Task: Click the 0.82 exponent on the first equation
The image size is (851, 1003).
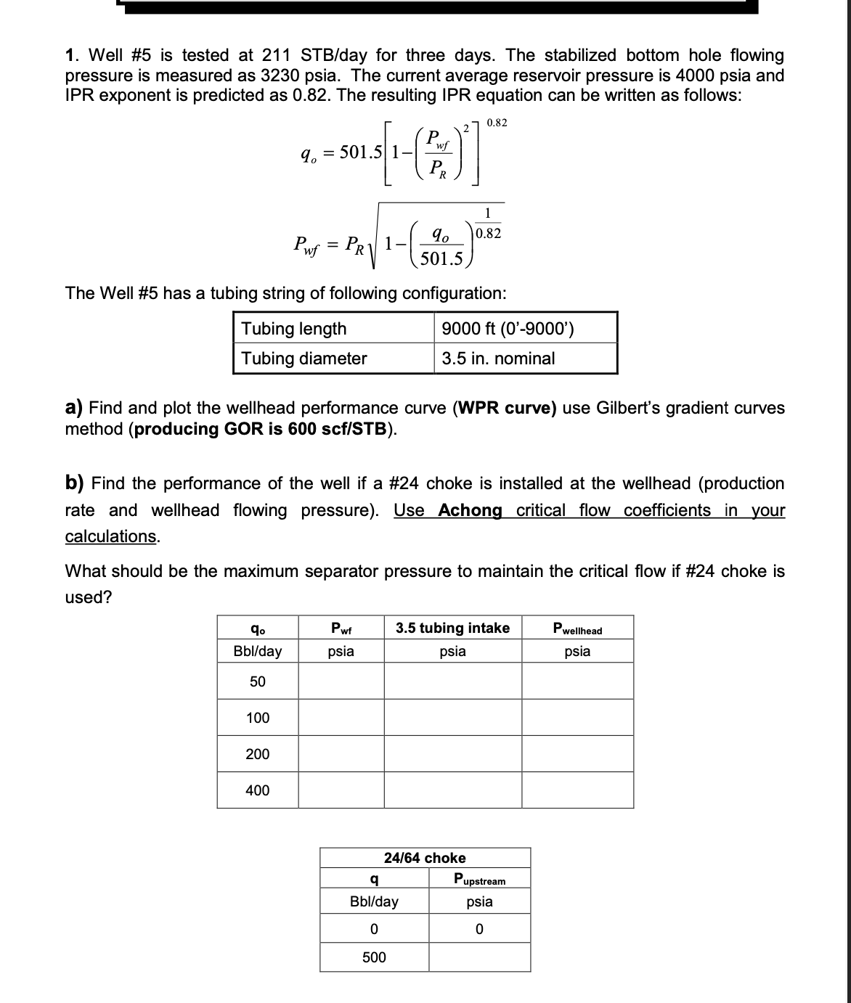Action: [497, 123]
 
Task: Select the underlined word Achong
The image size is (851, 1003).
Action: [470, 510]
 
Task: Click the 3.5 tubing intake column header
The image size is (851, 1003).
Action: [452, 628]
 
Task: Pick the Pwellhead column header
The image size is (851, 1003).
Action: [577, 629]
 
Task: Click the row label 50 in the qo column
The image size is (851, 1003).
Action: [258, 681]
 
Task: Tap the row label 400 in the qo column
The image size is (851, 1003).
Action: [258, 790]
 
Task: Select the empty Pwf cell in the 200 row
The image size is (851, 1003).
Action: [341, 754]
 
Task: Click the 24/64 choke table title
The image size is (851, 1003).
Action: [425, 858]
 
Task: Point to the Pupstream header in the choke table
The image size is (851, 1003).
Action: [479, 880]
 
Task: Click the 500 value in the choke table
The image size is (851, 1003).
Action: [374, 957]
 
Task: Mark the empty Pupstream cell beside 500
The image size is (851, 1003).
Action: [479, 957]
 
